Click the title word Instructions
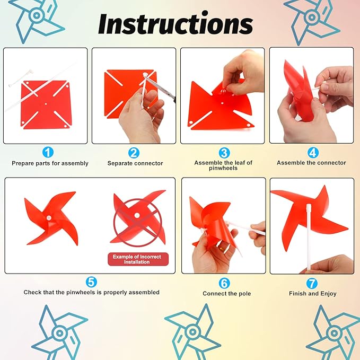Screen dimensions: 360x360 175,24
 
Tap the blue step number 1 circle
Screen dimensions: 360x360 48,152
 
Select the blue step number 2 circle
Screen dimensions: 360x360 134,153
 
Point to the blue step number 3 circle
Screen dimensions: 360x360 224,153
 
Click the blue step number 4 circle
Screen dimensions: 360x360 313,153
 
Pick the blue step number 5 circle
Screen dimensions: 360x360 91,282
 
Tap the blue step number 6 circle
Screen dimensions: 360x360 224,283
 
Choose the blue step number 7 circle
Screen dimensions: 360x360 312,284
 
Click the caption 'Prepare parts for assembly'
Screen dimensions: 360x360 50,163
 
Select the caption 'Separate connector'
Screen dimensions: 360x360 135,163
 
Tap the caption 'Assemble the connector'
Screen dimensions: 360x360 311,163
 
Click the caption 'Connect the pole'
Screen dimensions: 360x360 227,294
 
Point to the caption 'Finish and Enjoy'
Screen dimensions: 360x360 313,294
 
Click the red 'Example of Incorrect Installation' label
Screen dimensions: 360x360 138,259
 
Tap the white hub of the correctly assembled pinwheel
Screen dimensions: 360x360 49,218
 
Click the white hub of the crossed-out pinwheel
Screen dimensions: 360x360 137,215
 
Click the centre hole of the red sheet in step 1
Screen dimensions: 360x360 46,104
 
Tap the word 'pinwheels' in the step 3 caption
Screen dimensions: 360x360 223,168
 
